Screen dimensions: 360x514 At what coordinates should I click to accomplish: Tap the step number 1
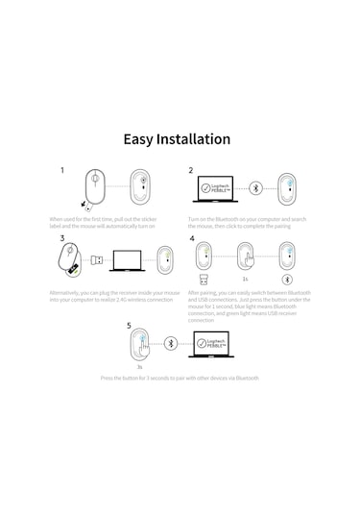click(62, 170)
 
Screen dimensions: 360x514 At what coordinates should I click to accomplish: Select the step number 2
click(191, 170)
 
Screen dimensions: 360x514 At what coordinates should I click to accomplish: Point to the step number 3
click(62, 238)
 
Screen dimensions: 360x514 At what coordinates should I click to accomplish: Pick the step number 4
click(192, 238)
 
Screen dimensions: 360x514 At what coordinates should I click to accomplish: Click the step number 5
click(129, 326)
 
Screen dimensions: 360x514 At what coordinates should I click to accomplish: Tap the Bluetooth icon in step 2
click(255, 188)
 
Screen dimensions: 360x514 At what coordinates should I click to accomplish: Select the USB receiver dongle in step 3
click(97, 258)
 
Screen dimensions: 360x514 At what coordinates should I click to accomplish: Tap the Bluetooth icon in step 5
click(170, 343)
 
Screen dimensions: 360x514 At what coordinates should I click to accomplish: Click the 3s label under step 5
click(139, 367)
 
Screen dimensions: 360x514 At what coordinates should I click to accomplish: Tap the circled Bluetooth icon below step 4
click(285, 280)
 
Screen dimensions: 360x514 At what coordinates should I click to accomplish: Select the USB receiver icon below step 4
click(203, 280)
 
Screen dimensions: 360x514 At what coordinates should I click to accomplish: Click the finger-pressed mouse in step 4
click(245, 256)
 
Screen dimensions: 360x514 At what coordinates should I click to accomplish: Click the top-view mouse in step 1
click(96, 185)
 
